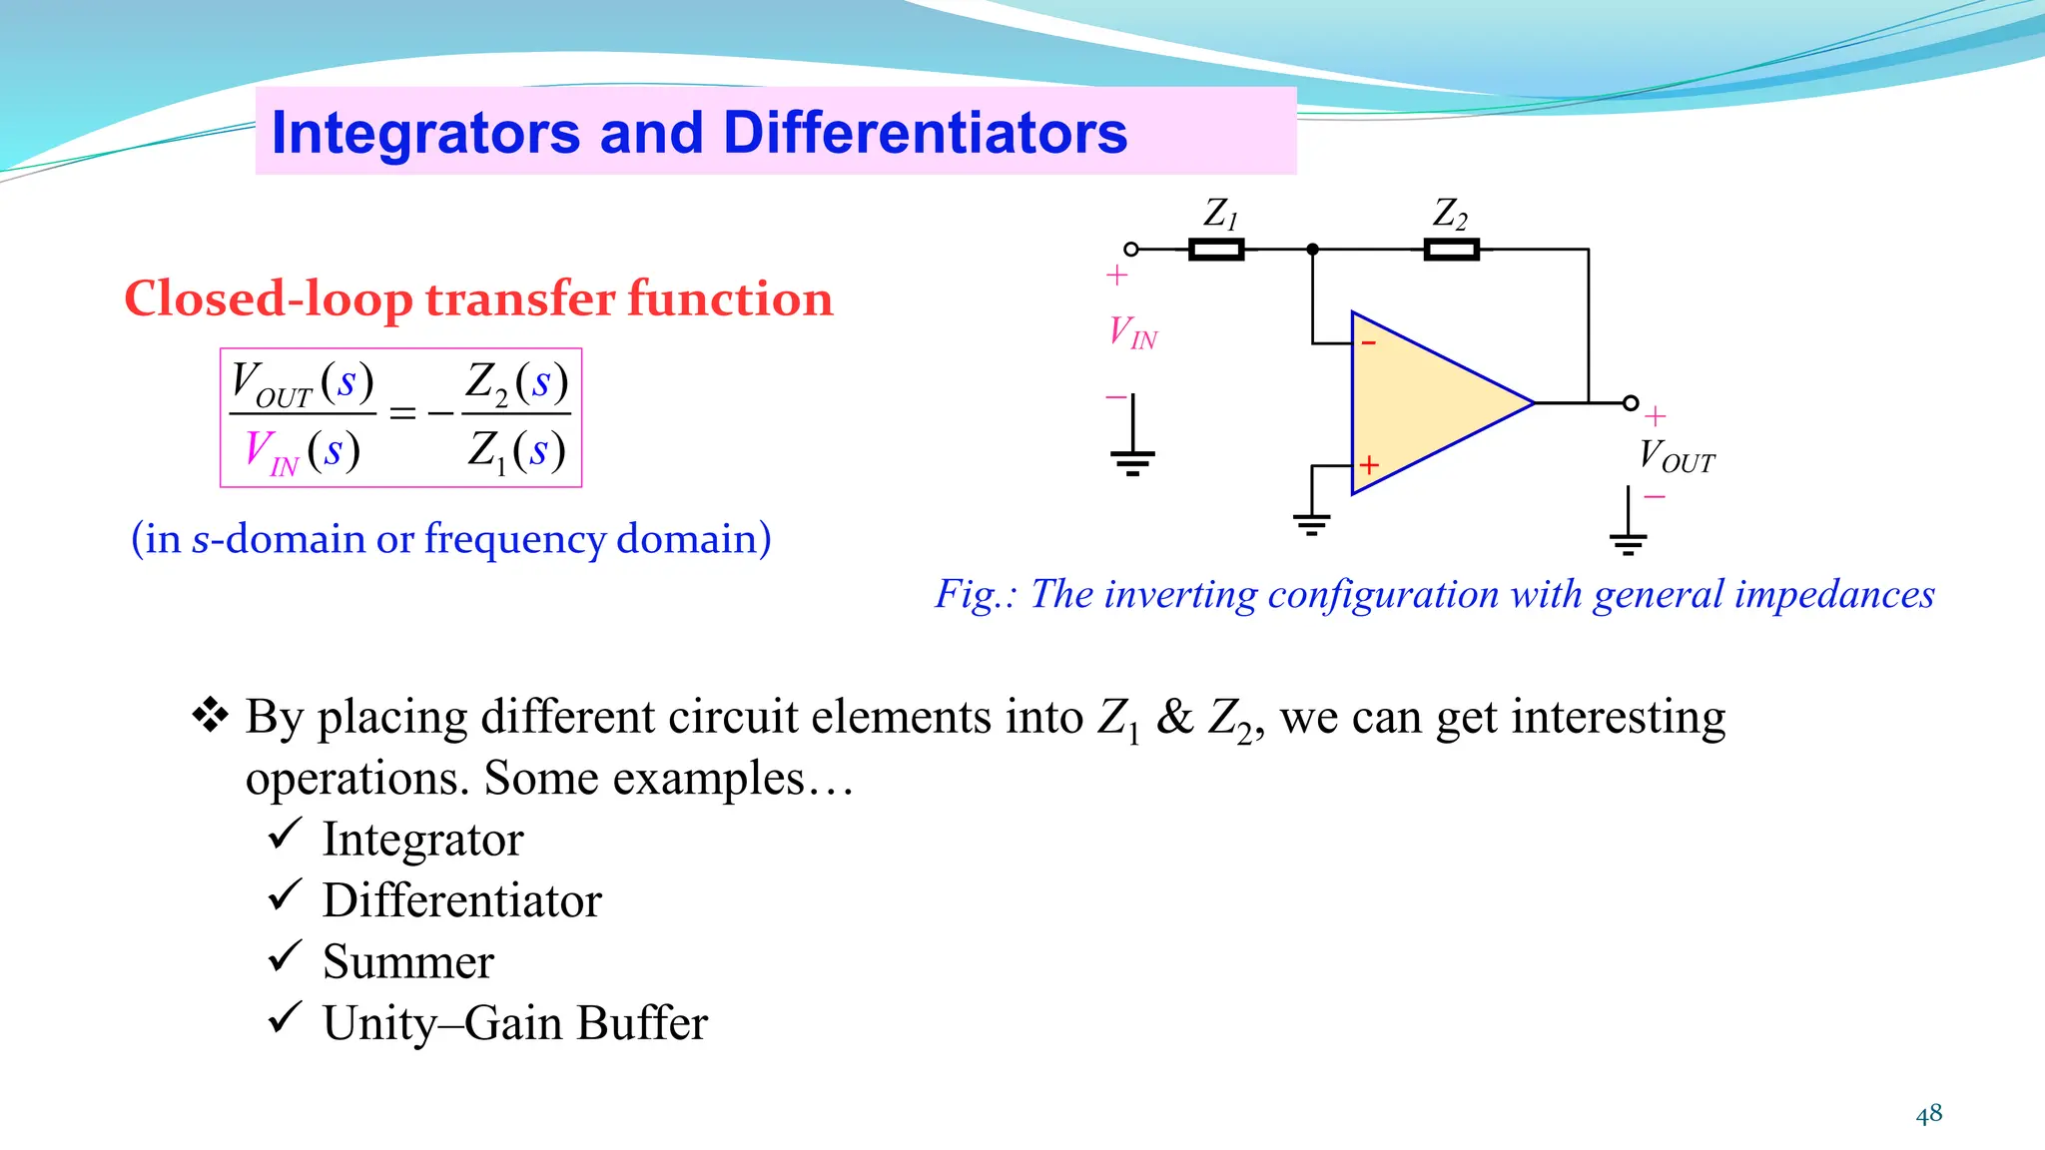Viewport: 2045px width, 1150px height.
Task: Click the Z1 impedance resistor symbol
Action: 1215,250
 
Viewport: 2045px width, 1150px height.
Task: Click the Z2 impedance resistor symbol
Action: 1450,250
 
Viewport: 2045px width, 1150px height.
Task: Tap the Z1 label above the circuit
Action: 1219,213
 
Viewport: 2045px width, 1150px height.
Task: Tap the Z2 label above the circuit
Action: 1449,213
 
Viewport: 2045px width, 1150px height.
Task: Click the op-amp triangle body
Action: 1428,403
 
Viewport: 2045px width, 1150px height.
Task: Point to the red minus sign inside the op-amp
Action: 1369,343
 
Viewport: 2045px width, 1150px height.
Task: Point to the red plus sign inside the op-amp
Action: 1369,465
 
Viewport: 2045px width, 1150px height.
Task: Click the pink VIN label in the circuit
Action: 1132,331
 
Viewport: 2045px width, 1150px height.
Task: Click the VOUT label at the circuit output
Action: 1676,456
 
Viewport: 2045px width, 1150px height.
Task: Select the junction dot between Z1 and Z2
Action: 1312,250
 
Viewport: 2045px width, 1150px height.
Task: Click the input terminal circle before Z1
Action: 1131,250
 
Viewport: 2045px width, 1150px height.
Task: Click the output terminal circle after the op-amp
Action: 1631,403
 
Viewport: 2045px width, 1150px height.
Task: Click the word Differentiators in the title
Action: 925,133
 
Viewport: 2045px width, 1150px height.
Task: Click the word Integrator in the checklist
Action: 422,840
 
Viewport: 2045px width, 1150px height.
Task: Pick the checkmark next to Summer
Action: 285,956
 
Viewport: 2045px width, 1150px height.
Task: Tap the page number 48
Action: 1928,1114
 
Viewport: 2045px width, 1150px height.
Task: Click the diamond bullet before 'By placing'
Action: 210,715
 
